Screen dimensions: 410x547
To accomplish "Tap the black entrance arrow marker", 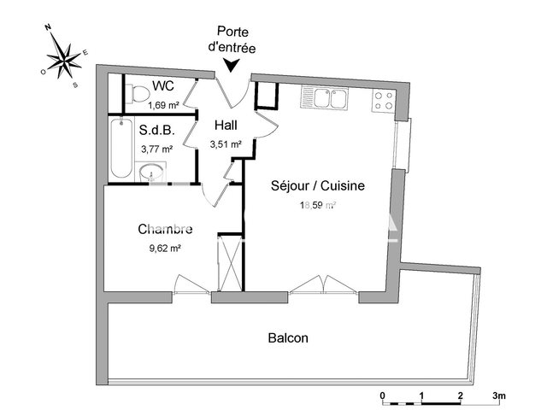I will click(230, 66).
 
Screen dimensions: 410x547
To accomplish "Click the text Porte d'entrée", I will click(231, 41).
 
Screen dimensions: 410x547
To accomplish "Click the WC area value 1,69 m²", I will click(162, 106).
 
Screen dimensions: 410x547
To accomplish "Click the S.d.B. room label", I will click(156, 132).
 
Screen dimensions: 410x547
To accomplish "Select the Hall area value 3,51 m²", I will click(226, 143).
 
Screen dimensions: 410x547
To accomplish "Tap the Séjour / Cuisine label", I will click(318, 185).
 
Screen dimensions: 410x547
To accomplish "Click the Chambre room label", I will click(165, 229).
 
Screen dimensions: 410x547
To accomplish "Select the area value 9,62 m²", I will click(163, 248).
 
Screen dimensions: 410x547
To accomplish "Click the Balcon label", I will click(288, 338).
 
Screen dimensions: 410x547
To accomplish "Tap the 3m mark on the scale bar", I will click(498, 395).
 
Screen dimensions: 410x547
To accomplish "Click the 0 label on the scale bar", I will click(383, 395).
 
